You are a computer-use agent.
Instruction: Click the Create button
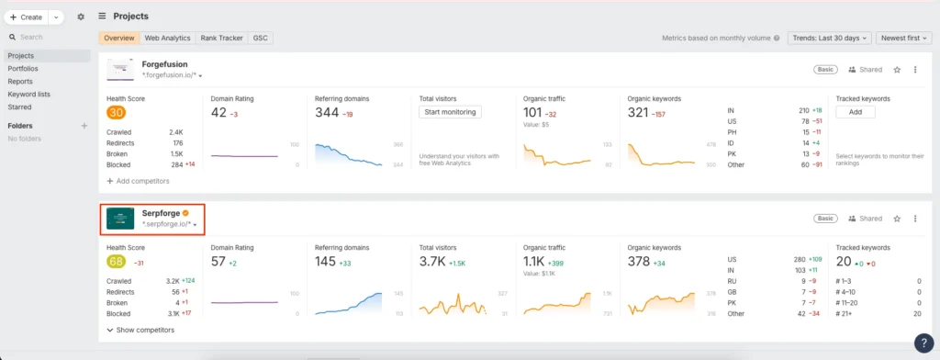[27, 17]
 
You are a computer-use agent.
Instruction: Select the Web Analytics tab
[167, 38]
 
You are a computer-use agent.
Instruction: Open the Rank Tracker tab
[220, 38]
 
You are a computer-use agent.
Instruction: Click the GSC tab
[261, 38]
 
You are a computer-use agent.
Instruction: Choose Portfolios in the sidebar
[23, 68]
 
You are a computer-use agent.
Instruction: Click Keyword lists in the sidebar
[28, 94]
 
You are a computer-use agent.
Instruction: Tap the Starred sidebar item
[19, 107]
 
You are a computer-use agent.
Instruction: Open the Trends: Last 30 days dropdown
[827, 38]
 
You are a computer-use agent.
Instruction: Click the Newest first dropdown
[904, 38]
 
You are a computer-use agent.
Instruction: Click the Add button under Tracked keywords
[855, 112]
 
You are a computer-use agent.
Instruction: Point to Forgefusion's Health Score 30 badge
[116, 113]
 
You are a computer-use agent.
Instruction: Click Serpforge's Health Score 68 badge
[116, 262]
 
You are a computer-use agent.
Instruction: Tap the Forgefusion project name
[164, 64]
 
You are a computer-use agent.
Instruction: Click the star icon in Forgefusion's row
[897, 70]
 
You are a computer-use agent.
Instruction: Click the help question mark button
[923, 343]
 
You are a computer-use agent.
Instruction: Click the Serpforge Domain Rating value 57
[218, 262]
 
